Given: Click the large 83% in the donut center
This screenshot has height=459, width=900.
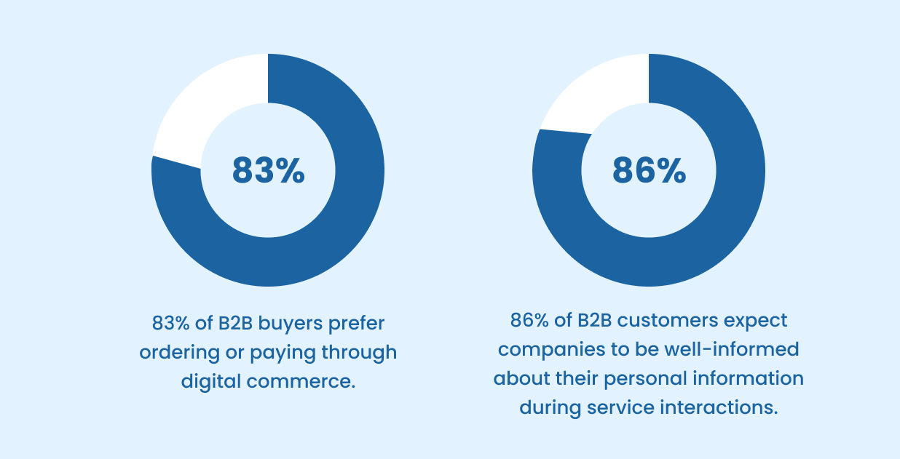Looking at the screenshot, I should tap(268, 170).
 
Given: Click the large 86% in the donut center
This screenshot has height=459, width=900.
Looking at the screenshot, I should tap(649, 170).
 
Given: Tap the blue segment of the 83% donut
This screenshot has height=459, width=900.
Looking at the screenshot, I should tap(320, 240).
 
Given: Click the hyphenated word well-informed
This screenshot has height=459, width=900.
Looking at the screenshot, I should tap(731, 349).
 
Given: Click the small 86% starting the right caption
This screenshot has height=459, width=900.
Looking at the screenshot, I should tap(526, 320).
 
